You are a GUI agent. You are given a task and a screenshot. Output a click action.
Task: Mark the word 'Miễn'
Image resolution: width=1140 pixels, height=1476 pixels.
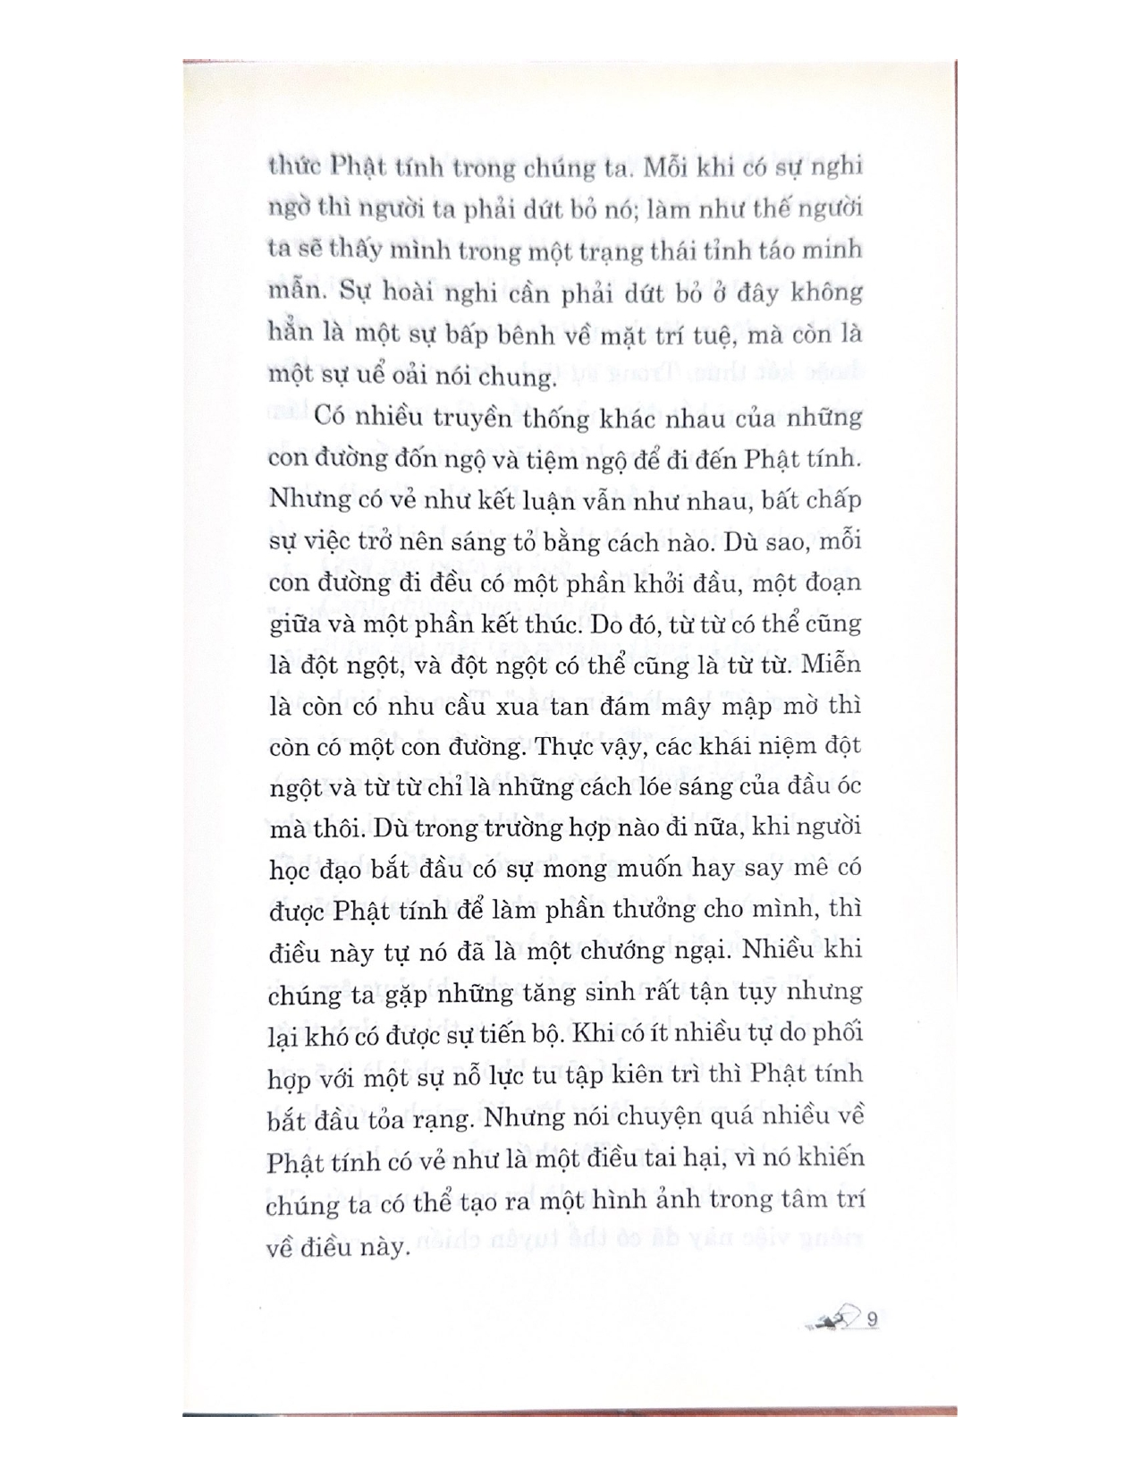(x=832, y=665)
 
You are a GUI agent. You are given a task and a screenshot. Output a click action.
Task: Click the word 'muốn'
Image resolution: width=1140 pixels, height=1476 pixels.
(x=628, y=868)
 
